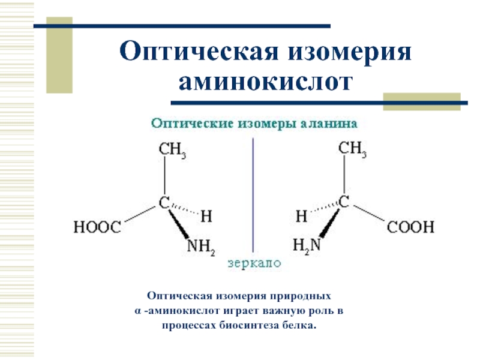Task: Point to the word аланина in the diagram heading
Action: click(x=331, y=124)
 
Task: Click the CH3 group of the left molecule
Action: click(x=172, y=149)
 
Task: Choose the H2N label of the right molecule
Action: click(x=306, y=245)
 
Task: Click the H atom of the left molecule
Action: click(x=205, y=214)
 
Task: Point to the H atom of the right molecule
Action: click(x=302, y=214)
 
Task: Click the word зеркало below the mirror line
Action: click(x=254, y=263)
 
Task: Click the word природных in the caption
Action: click(x=302, y=296)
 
